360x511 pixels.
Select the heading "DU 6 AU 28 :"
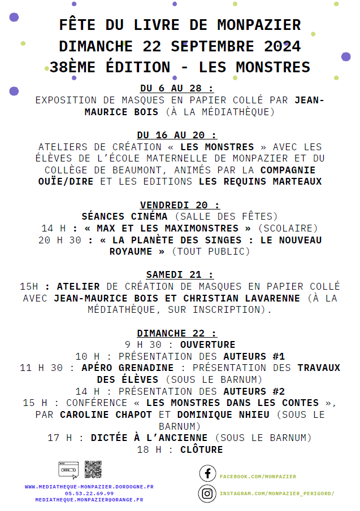click(177, 89)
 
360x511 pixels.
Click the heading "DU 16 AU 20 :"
click(177, 135)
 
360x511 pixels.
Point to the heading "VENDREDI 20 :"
click(180, 205)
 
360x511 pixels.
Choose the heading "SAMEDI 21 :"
click(180, 274)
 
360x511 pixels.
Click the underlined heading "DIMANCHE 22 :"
click(177, 333)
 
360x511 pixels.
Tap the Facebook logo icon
click(207, 474)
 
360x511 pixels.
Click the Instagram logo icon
click(207, 493)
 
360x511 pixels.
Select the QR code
click(93, 469)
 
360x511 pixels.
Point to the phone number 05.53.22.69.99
click(89, 493)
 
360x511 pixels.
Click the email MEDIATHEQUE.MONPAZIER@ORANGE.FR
click(89, 500)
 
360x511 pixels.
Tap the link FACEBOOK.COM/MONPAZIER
click(258, 477)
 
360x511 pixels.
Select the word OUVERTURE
click(207, 344)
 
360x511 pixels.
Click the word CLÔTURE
click(201, 449)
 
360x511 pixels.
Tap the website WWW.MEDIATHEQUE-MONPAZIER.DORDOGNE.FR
click(89, 486)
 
